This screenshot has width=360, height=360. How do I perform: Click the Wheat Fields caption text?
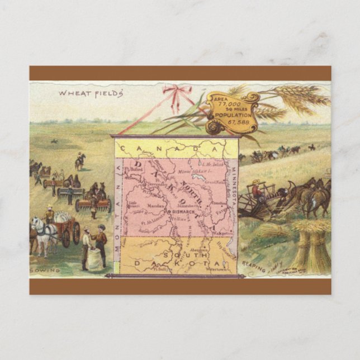pyautogui.click(x=91, y=93)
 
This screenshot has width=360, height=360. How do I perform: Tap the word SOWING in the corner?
pyautogui.click(x=45, y=270)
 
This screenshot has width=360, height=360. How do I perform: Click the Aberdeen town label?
pyautogui.click(x=200, y=250)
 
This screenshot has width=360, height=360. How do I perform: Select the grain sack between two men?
pyautogui.click(x=94, y=259)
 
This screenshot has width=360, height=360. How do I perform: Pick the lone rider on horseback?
pyautogui.click(x=80, y=161)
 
